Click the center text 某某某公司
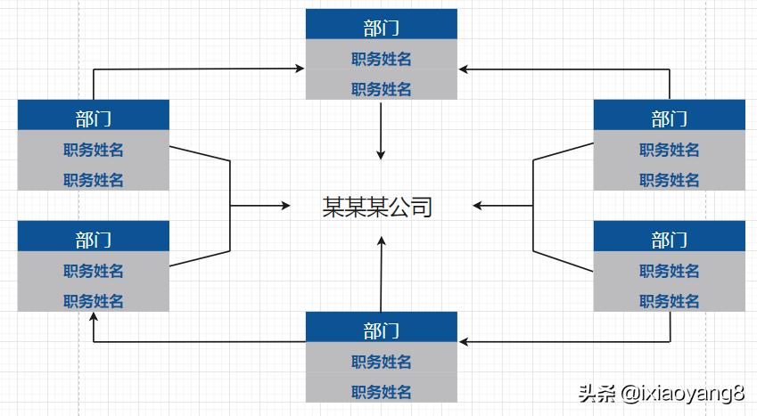[x=377, y=207]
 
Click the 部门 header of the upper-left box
[x=93, y=118]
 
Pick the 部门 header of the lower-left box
[x=93, y=239]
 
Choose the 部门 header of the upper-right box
[x=669, y=118]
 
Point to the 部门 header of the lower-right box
[x=669, y=239]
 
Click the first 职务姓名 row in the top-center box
[x=381, y=59]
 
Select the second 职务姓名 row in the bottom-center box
[x=381, y=391]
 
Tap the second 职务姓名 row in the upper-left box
[x=93, y=179]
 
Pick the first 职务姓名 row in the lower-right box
[x=669, y=270]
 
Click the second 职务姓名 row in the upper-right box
[x=669, y=179]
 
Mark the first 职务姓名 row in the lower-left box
[x=93, y=270]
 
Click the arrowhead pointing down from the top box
[x=382, y=155]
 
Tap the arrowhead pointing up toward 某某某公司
[x=383, y=241]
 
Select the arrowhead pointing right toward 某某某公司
[x=285, y=206]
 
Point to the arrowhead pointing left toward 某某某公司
[x=479, y=206]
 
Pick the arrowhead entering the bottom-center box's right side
[x=464, y=341]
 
